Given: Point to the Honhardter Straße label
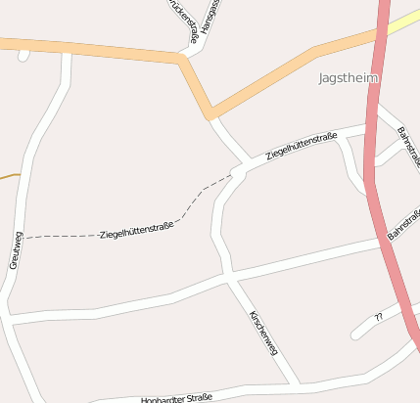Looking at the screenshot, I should [176, 398].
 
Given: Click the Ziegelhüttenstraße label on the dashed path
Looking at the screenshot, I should [136, 231].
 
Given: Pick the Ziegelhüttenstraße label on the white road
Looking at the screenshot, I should [302, 144].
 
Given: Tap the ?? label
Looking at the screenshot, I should [378, 317].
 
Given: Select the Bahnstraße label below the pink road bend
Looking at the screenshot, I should [404, 224].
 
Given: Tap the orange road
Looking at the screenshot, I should [98, 48].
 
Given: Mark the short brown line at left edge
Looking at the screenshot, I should [9, 176].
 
